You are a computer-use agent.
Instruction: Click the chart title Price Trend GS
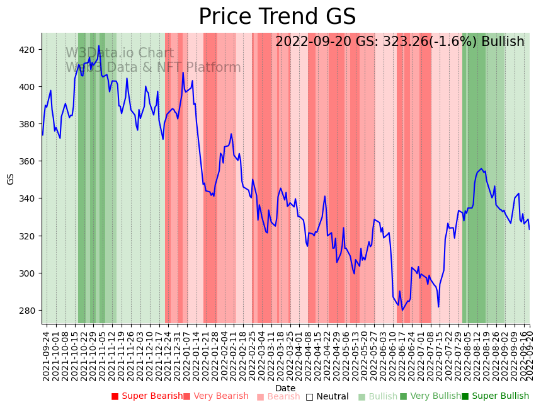pyautogui.click(x=277, y=17)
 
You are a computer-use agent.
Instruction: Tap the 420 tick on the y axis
pyautogui.click(x=30, y=49)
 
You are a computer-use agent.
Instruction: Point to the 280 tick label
pyautogui.click(x=30, y=311)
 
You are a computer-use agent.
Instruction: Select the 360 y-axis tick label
pyautogui.click(x=30, y=161)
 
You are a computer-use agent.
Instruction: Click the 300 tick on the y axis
pyautogui.click(x=30, y=273)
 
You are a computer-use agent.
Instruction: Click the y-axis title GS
pyautogui.click(x=11, y=178)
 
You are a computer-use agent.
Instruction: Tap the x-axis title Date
pyautogui.click(x=285, y=388)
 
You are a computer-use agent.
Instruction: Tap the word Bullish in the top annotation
pyautogui.click(x=503, y=42)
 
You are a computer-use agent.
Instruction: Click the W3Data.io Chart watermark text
pyautogui.click(x=120, y=54)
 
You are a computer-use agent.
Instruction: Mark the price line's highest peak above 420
pyautogui.click(x=99, y=45)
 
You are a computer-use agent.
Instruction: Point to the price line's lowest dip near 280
pyautogui.click(x=402, y=309)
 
